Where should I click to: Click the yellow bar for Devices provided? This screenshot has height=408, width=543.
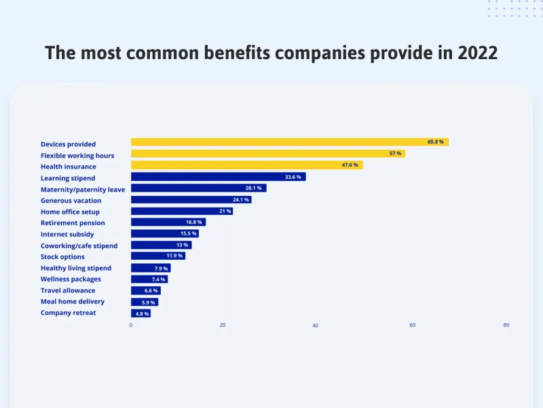[289, 142]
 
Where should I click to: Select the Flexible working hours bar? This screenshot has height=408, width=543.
[267, 154]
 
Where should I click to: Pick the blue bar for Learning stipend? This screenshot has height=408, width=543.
[218, 177]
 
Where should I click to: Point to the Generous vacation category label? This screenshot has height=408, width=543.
[71, 201]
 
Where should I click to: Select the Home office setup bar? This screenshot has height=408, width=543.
[181, 211]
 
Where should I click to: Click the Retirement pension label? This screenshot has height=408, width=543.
[73, 223]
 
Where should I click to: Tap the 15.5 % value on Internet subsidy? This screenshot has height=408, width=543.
[189, 234]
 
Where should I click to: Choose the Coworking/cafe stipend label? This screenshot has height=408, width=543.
[79, 245]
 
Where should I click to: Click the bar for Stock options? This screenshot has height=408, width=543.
[157, 256]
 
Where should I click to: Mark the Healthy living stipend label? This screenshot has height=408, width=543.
[76, 268]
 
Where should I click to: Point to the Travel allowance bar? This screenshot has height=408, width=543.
[145, 290]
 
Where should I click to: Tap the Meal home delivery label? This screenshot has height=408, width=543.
[73, 301]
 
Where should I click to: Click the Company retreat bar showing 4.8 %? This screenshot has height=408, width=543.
[141, 313]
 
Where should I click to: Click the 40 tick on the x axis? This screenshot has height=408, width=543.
[315, 326]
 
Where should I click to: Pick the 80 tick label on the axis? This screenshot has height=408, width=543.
[506, 325]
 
